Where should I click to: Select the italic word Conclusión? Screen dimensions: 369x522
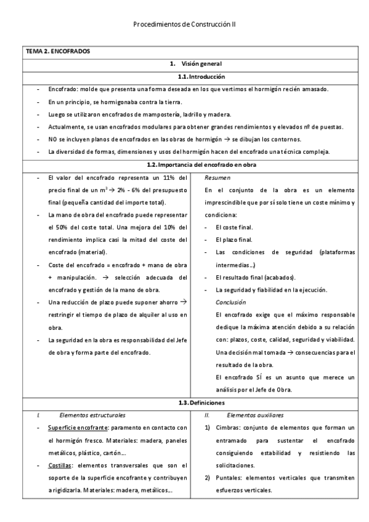(230, 302)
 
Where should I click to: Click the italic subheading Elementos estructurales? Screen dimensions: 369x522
(92, 415)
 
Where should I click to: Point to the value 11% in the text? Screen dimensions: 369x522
(166, 177)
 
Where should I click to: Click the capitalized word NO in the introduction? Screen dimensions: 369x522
(52, 139)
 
